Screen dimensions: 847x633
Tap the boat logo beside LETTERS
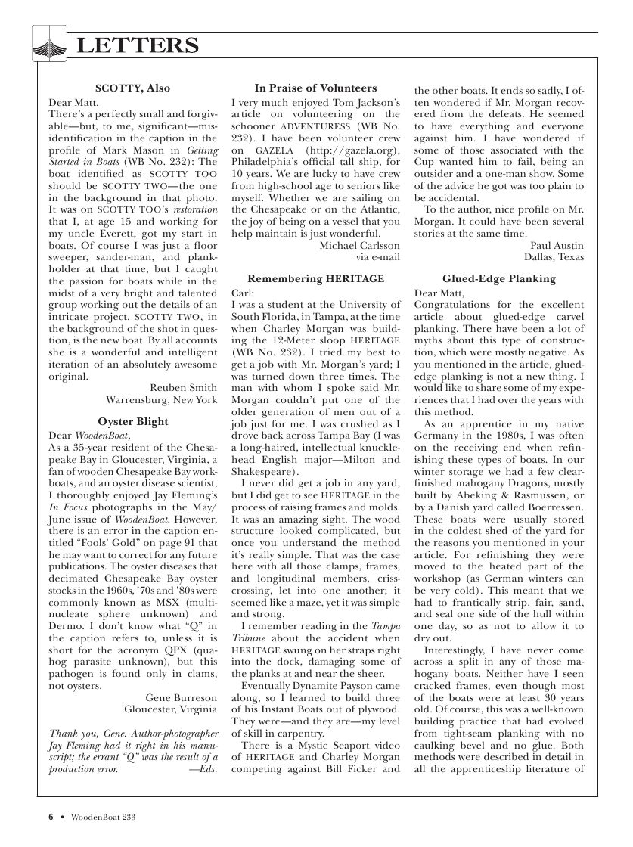(x=50, y=43)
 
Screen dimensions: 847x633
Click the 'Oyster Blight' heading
(x=133, y=421)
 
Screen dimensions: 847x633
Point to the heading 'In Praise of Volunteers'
(x=315, y=88)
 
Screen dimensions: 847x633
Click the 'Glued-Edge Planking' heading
(x=499, y=279)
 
